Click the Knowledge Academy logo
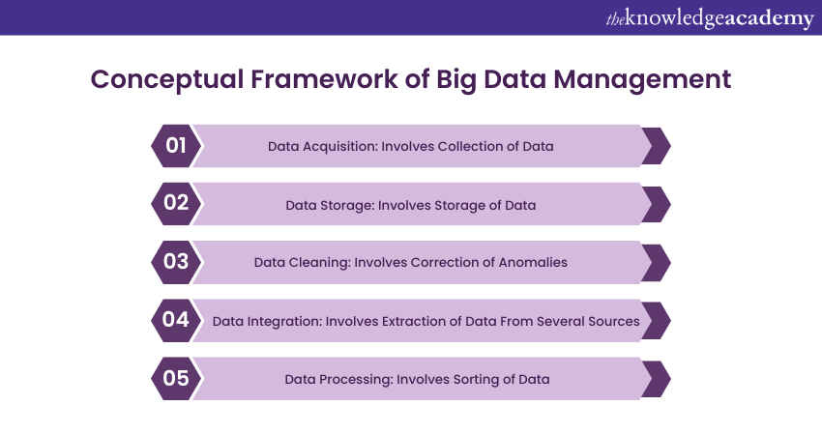(709, 18)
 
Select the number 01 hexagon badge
(175, 146)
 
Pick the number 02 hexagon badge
(175, 204)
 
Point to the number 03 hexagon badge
(175, 262)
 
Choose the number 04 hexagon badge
(175, 320)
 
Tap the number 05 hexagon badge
(175, 378)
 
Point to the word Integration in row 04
(285, 321)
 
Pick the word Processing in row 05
(353, 379)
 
